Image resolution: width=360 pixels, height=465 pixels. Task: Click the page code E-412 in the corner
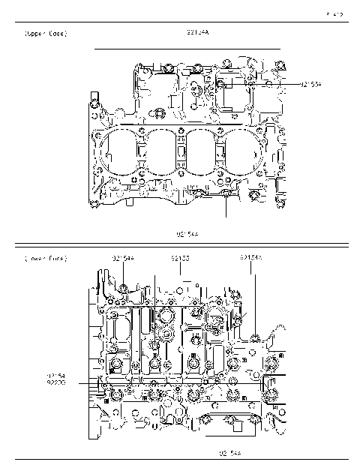pyautogui.click(x=335, y=13)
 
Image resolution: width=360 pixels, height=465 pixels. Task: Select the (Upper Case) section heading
pyautogui.click(x=46, y=34)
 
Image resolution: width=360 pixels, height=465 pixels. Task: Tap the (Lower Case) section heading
pyautogui.click(x=46, y=259)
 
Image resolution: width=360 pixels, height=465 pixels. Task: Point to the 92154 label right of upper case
pyautogui.click(x=311, y=85)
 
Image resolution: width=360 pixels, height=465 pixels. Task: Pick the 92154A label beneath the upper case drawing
pyautogui.click(x=187, y=234)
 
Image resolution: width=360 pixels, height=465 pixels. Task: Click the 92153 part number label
pyautogui.click(x=179, y=259)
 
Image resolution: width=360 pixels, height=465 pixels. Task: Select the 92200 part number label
pyautogui.click(x=56, y=382)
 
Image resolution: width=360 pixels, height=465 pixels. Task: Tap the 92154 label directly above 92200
pyautogui.click(x=56, y=374)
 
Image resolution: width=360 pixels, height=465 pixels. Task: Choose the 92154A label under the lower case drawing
pyautogui.click(x=229, y=453)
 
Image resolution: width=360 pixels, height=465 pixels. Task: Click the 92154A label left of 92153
pyautogui.click(x=123, y=259)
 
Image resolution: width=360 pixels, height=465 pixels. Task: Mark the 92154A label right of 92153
pyautogui.click(x=251, y=258)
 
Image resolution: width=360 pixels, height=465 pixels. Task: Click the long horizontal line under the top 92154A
pyautogui.click(x=187, y=49)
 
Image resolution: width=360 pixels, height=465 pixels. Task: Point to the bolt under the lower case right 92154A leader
pyautogui.click(x=256, y=335)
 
